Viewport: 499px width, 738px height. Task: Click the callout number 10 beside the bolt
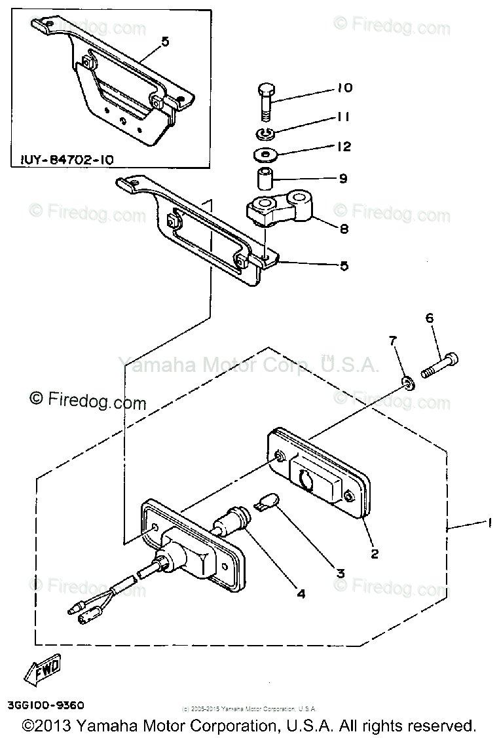(x=344, y=88)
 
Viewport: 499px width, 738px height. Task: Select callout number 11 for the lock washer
(x=343, y=117)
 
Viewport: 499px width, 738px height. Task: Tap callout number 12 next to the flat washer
(x=343, y=147)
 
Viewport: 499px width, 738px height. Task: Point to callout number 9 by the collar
(x=343, y=178)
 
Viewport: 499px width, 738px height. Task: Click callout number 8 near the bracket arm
(x=344, y=229)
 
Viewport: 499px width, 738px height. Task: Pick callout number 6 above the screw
(x=430, y=318)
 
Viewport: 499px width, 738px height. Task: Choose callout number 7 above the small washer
(x=393, y=341)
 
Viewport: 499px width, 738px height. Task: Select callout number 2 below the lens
(x=375, y=554)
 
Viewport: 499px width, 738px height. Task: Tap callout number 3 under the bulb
(x=341, y=572)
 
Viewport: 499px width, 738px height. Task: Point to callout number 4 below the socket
(x=301, y=594)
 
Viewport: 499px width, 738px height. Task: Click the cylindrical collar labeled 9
(x=263, y=178)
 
